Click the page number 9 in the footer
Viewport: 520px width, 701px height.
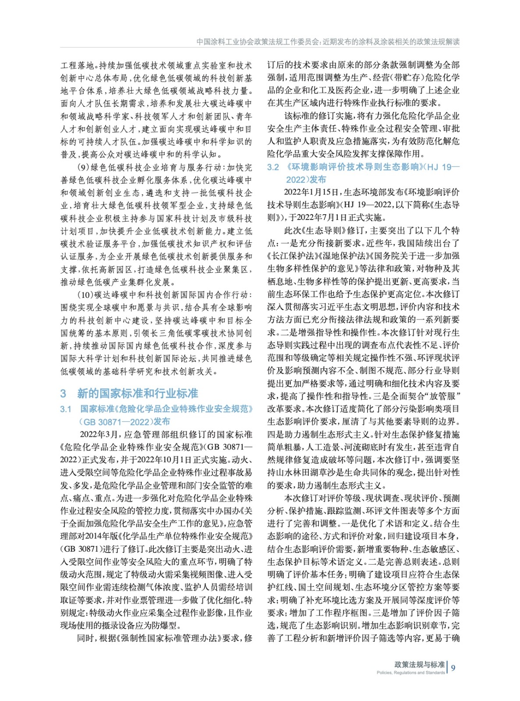[453, 668]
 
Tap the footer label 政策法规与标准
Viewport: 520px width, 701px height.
[419, 664]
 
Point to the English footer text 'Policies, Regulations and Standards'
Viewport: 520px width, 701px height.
[410, 673]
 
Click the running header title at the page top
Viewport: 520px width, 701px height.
[328, 42]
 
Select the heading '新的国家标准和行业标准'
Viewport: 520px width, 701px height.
[138, 393]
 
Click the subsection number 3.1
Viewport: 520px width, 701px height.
[66, 409]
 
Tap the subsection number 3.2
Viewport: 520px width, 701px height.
[273, 167]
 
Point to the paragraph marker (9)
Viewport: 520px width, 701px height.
[83, 167]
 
